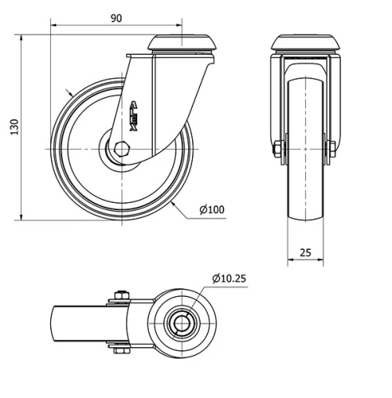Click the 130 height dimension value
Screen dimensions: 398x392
click(13, 127)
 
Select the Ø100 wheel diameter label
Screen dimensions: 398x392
click(211, 209)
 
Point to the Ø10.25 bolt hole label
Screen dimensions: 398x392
click(230, 277)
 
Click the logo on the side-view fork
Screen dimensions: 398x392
click(134, 116)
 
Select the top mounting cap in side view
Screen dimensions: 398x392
click(183, 42)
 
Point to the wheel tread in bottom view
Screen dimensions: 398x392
click(71, 323)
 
